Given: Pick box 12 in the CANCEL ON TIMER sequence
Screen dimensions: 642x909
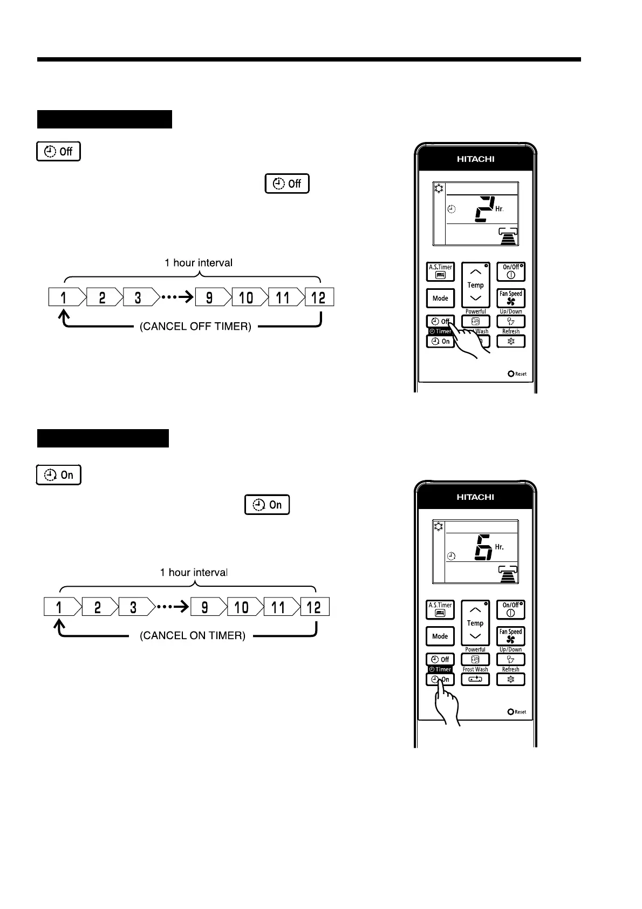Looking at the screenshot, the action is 315,607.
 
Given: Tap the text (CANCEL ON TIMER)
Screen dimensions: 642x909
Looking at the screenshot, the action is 193,636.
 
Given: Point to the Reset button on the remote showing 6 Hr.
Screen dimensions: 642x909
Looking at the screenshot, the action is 511,712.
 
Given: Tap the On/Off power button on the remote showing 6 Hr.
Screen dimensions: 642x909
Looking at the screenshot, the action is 510,610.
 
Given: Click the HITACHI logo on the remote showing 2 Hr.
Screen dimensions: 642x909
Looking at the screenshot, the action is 475,159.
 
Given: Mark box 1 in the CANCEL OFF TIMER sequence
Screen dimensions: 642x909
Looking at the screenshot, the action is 64,297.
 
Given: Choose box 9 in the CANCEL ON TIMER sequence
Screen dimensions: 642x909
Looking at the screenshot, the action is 204,607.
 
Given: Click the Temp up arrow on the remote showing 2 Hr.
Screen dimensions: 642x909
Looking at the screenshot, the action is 475,272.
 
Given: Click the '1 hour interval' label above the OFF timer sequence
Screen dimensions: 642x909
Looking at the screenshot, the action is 199,263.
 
